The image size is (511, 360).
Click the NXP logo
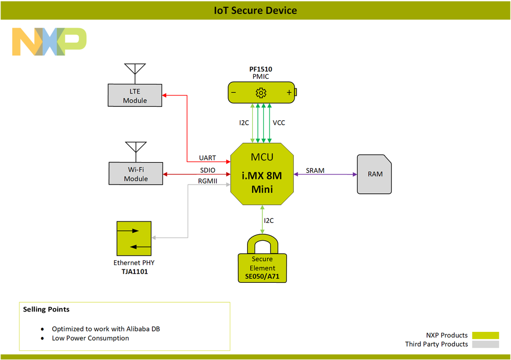click(x=49, y=42)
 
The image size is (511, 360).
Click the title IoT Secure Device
click(x=255, y=10)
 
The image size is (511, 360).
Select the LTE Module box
click(x=135, y=96)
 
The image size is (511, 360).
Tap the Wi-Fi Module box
click(x=136, y=174)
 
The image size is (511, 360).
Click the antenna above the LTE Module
click(x=135, y=72)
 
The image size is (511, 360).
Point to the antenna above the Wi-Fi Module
click(x=136, y=149)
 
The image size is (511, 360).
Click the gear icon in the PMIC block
click(x=261, y=93)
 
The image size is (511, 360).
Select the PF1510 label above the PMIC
click(x=261, y=69)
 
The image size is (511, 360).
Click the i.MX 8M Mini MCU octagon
click(x=261, y=174)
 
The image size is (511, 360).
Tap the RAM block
click(x=374, y=174)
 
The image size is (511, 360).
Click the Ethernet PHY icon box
click(x=134, y=238)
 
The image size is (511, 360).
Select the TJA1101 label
click(x=134, y=272)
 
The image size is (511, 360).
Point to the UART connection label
click(x=207, y=158)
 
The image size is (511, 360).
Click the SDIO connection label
click(x=207, y=170)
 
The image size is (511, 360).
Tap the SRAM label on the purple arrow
click(x=315, y=170)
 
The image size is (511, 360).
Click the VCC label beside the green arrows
click(x=279, y=123)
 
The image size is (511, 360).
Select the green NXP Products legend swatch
click(x=485, y=335)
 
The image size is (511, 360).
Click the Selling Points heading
click(x=47, y=309)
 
